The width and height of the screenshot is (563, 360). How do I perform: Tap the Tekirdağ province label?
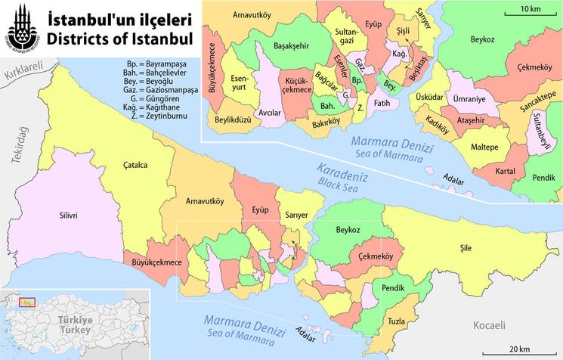[x=11, y=143]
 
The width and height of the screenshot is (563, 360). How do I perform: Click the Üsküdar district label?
[x=428, y=98]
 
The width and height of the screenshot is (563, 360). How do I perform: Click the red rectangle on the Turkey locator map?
[x=27, y=302]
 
